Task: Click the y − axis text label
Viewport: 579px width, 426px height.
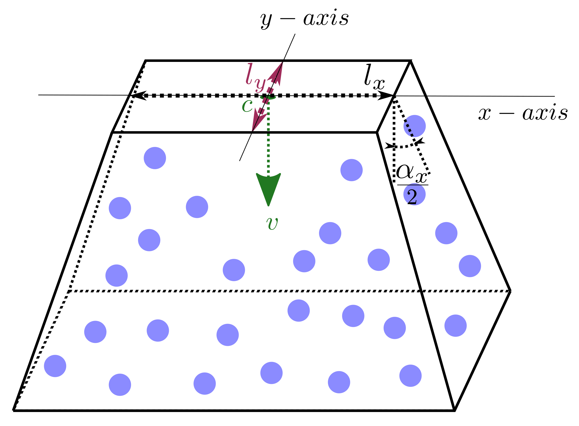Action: coord(304,19)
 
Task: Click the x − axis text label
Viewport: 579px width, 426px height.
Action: coord(523,113)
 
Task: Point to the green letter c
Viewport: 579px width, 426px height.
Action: coord(247,106)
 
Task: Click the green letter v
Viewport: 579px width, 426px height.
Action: coord(272,224)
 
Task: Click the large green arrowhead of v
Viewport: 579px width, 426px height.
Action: coord(268,187)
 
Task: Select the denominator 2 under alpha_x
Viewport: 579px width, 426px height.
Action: coord(412,197)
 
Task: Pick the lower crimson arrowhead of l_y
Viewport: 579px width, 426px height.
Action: coord(258,119)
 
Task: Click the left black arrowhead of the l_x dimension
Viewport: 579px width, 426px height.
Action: coord(139,95)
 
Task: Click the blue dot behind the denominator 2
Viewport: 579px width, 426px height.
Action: coord(415,194)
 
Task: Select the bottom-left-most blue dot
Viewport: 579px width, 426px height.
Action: coord(55,366)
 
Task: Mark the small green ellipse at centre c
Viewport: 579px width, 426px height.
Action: coord(268,97)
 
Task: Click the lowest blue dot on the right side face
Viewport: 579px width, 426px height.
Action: coord(456,325)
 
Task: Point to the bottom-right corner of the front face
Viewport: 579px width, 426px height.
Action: coord(454,410)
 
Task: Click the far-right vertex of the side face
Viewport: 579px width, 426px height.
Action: coord(510,291)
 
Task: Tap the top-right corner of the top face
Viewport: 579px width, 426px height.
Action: coord(410,61)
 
